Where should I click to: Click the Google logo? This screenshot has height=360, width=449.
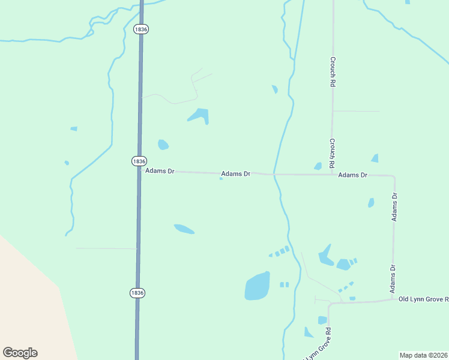pyautogui.click(x=20, y=353)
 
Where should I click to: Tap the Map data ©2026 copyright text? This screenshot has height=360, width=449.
pyautogui.click(x=423, y=355)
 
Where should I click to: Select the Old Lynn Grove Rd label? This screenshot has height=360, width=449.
pyautogui.click(x=423, y=299)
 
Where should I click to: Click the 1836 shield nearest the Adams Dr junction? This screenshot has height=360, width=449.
pyautogui.click(x=139, y=161)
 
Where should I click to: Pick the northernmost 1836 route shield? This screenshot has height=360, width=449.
pyautogui.click(x=141, y=29)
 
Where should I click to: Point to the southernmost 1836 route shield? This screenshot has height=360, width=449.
pyautogui.click(x=137, y=293)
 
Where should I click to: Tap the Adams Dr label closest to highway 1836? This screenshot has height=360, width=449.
pyautogui.click(x=160, y=171)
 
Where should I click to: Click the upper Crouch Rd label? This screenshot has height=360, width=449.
pyautogui.click(x=332, y=72)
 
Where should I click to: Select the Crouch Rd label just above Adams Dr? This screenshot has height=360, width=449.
pyautogui.click(x=332, y=152)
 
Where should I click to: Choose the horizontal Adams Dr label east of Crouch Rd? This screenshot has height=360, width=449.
pyautogui.click(x=352, y=175)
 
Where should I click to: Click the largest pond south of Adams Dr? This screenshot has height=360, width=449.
pyautogui.click(x=257, y=286)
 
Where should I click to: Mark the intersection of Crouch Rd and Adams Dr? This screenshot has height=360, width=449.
pyautogui.click(x=333, y=175)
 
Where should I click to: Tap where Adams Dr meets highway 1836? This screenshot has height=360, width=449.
pyautogui.click(x=140, y=170)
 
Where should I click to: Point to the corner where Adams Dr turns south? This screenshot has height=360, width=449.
pyautogui.click(x=394, y=176)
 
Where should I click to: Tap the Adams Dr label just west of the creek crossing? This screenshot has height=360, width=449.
pyautogui.click(x=235, y=174)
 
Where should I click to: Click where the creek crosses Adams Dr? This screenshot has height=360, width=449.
pyautogui.click(x=274, y=175)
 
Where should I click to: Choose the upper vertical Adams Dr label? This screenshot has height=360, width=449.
pyautogui.click(x=394, y=207)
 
